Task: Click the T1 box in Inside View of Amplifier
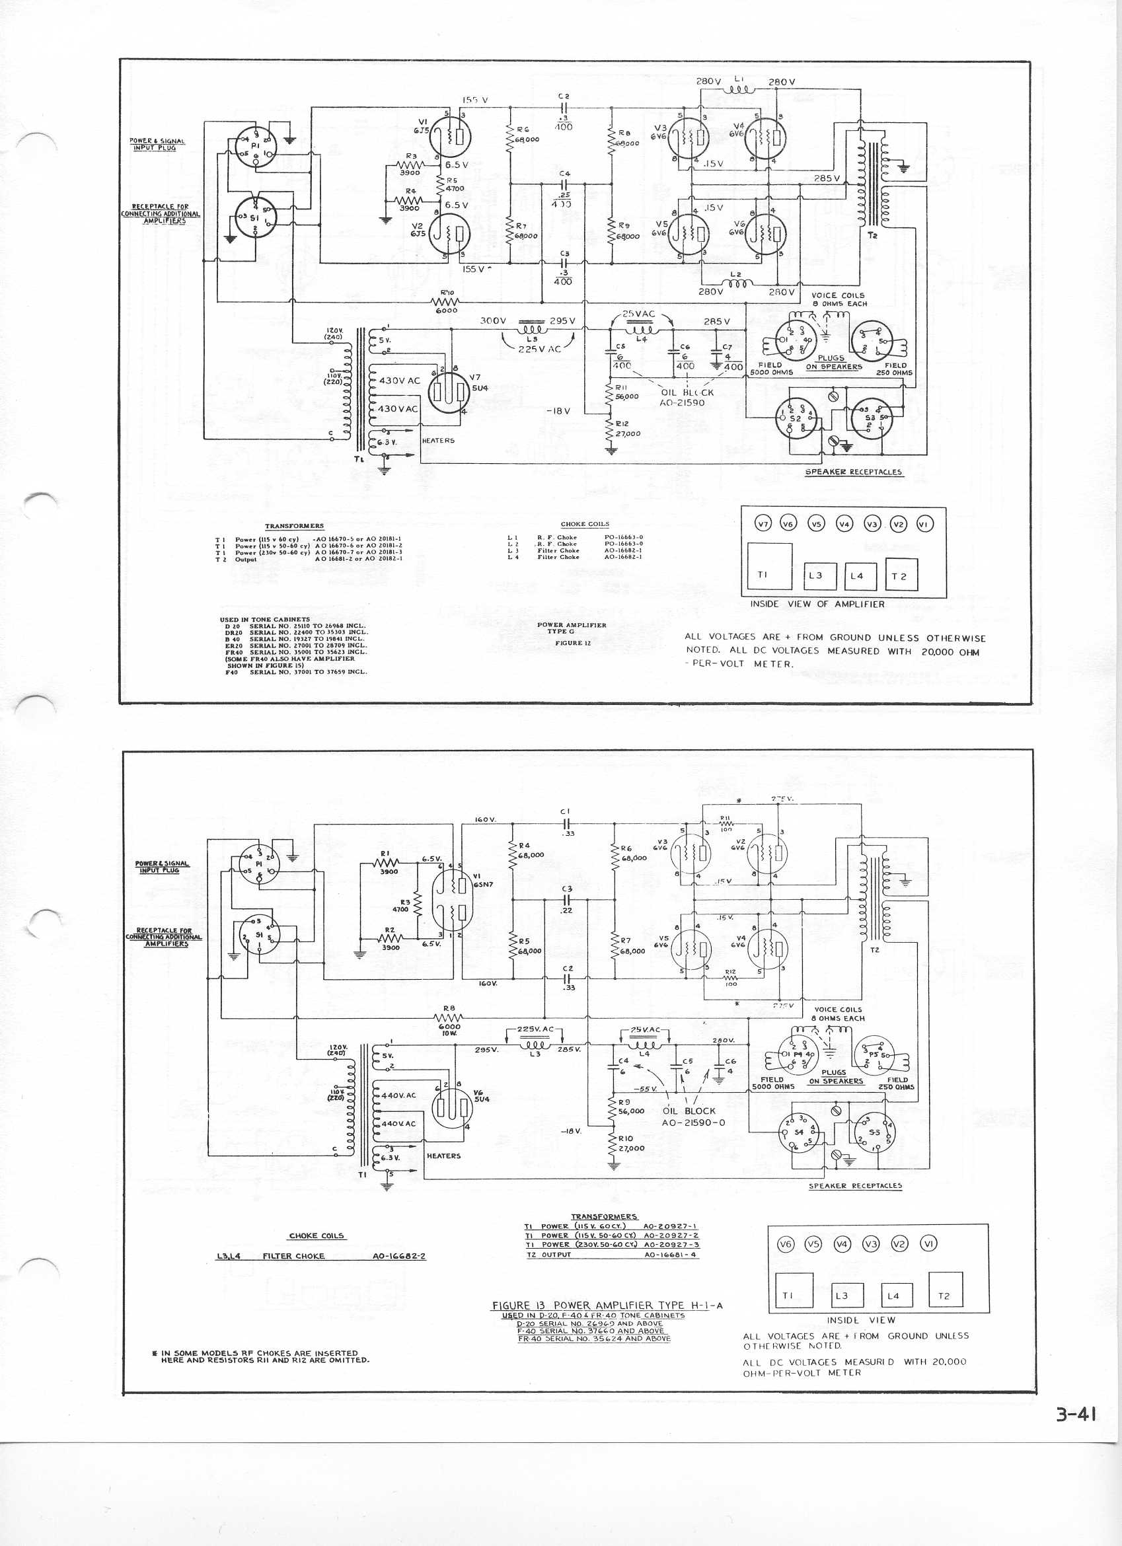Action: [x=770, y=566]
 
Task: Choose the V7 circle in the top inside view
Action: [x=763, y=523]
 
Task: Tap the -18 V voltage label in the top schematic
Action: [x=562, y=411]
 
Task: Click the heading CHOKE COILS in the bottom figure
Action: [x=317, y=1236]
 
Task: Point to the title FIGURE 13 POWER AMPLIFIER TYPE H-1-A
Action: [x=607, y=1306]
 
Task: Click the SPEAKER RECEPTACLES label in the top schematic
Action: [x=854, y=472]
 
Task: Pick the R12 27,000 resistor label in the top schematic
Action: [x=625, y=429]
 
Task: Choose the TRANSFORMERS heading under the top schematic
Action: [x=295, y=525]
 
